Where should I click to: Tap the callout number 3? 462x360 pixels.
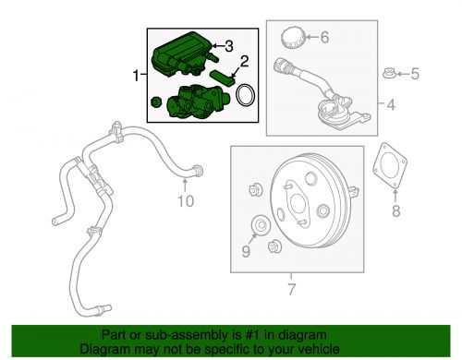(230, 44)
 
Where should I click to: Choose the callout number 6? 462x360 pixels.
(323, 38)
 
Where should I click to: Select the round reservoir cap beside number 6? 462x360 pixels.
(292, 38)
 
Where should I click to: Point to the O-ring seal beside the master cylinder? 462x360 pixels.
(246, 98)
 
